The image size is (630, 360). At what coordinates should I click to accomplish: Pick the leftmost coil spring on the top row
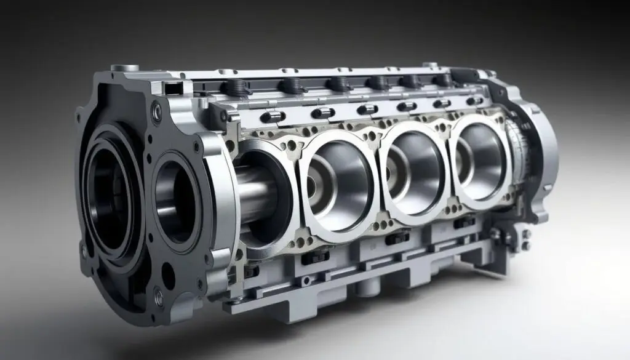click(x=237, y=87)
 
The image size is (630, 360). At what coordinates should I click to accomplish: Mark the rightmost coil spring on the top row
click(x=441, y=80)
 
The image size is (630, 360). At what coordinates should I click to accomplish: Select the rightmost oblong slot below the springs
click(x=474, y=101)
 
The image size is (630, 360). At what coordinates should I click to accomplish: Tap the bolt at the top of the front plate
click(x=157, y=113)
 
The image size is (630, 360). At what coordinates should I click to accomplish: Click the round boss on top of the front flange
click(x=129, y=68)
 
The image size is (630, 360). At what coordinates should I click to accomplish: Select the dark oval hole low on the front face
click(x=167, y=276)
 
